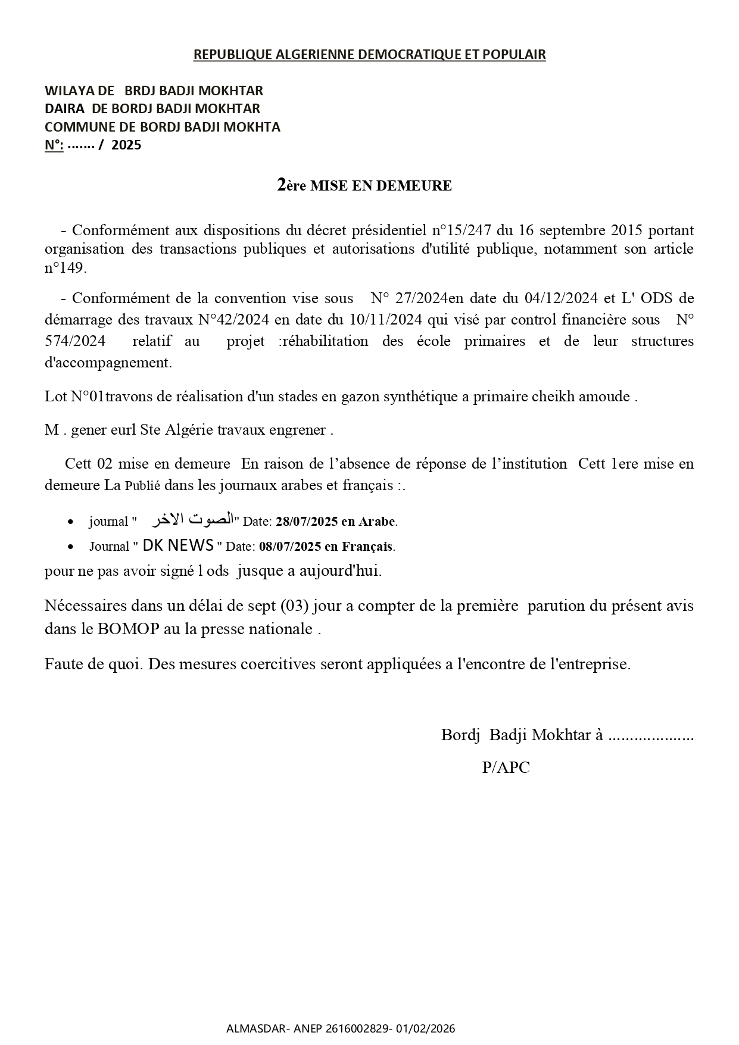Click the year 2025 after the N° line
click(x=126, y=145)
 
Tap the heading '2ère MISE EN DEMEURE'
click(x=364, y=185)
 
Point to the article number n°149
click(x=66, y=268)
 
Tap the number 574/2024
click(x=75, y=341)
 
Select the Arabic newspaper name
click(x=192, y=520)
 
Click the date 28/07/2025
click(x=307, y=522)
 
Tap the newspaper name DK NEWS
click(x=178, y=545)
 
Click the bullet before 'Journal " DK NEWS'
click(x=71, y=547)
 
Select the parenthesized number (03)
click(x=294, y=606)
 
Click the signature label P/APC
click(x=506, y=768)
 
